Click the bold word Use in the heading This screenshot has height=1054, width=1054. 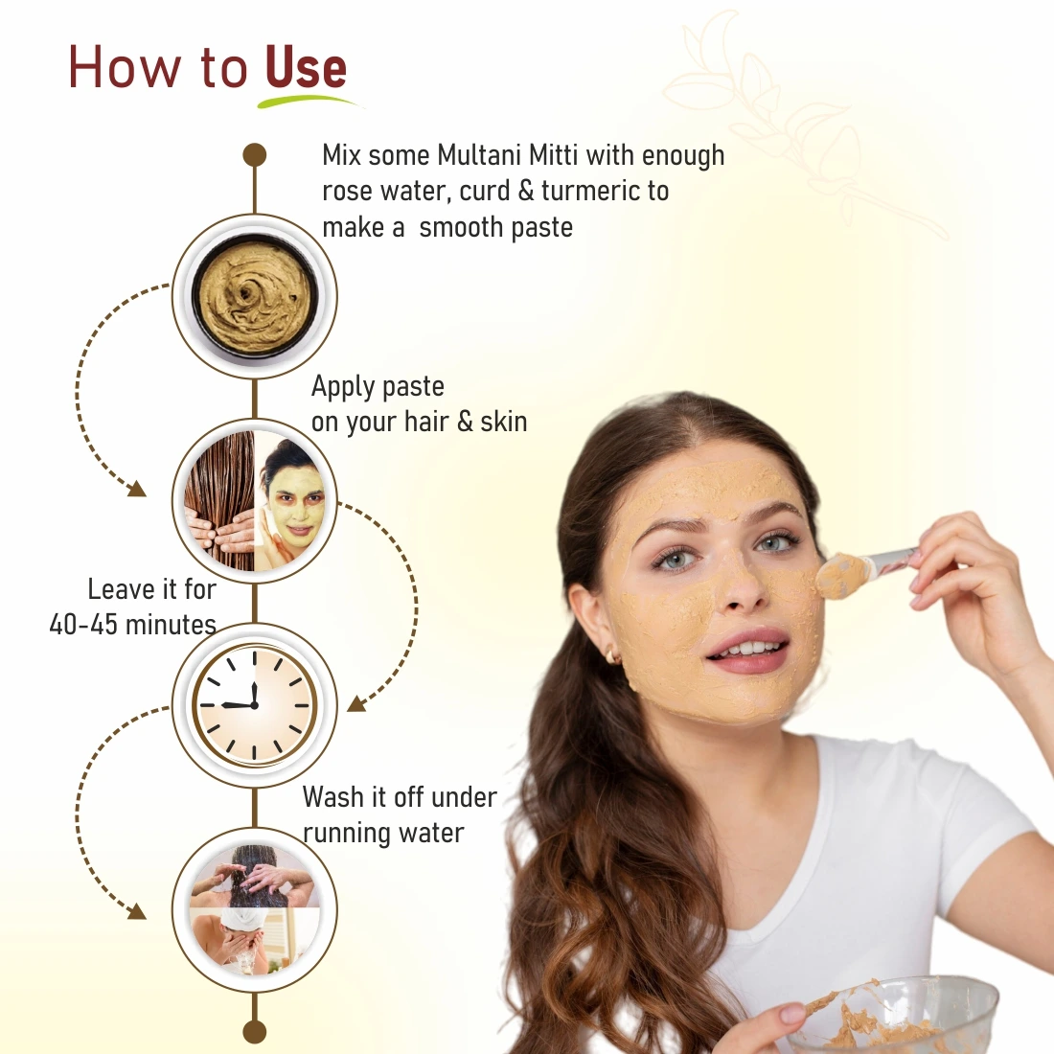(307, 68)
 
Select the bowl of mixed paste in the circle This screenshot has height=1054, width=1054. (255, 296)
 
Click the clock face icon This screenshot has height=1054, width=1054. (255, 705)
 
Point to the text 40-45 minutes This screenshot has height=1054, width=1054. (132, 625)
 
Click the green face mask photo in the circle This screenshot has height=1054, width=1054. (289, 501)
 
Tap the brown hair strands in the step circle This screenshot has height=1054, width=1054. (219, 501)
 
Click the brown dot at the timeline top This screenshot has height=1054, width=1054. (255, 154)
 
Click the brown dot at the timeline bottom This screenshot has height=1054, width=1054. (255, 1031)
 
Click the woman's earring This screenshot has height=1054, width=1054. (612, 655)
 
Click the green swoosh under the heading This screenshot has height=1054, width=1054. (309, 101)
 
